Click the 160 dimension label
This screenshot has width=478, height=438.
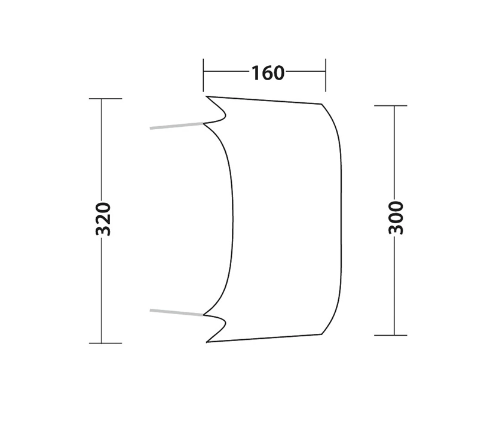[x=268, y=73]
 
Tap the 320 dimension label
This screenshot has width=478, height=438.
[x=103, y=219]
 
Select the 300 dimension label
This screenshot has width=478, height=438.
[x=396, y=218]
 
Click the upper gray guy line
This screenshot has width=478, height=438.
[x=176, y=126]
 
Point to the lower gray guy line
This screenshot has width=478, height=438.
[x=176, y=312]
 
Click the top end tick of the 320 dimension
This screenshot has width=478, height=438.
[x=106, y=99]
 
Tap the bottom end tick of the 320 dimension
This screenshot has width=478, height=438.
[x=106, y=343]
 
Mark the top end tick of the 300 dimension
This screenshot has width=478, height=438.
[x=391, y=105]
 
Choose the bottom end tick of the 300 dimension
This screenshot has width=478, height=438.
[x=391, y=335]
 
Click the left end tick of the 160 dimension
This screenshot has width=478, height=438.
[x=203, y=75]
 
